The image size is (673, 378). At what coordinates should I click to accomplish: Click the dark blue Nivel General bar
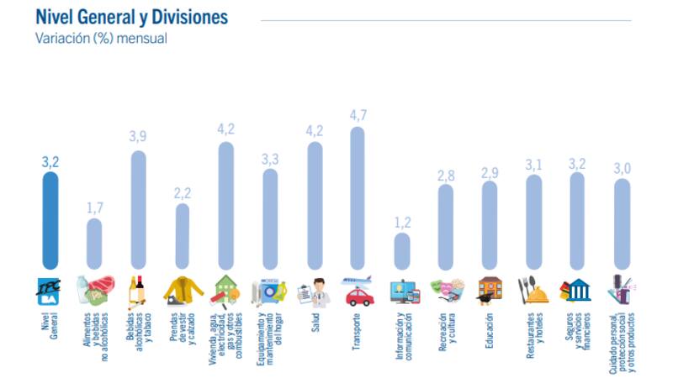50,218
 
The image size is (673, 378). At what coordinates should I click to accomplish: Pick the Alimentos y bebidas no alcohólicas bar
94,244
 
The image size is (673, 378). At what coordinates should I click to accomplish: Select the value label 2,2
183,192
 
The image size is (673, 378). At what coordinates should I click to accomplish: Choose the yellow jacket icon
183,291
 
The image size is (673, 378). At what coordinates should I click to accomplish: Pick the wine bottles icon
136,291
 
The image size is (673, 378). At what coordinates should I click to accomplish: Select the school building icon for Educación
490,291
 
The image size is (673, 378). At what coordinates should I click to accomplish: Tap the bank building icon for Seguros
577,291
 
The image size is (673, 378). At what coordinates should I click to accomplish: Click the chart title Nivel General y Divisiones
131,18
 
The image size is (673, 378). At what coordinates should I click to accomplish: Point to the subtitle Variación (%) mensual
101,38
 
